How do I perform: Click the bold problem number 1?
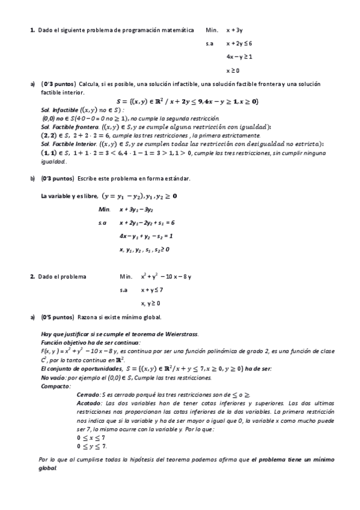pos(32,29)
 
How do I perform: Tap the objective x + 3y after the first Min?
pos(234,29)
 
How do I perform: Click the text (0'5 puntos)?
pos(58,316)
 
